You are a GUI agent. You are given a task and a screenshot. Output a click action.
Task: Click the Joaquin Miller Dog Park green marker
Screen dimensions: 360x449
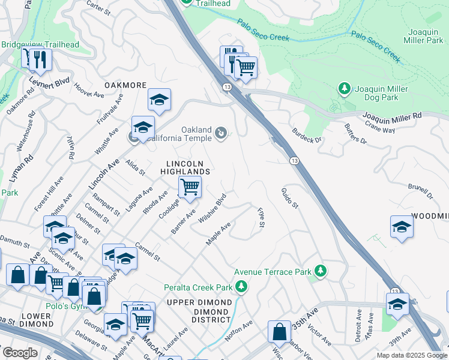coord(344,89)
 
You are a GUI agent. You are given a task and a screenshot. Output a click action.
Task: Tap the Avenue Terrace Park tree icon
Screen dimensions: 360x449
coord(321,271)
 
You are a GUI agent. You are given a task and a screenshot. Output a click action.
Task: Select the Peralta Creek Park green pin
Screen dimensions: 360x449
coord(241,287)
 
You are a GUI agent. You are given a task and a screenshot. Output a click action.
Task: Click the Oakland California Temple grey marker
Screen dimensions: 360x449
coord(221,133)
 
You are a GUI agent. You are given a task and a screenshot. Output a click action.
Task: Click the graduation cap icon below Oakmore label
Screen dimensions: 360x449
coord(159,100)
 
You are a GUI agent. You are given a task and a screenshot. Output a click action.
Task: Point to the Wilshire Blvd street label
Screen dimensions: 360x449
coord(212,208)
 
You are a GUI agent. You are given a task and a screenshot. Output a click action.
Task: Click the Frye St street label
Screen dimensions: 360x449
coord(261,218)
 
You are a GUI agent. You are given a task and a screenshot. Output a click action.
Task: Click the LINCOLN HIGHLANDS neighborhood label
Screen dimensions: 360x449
coord(185,167)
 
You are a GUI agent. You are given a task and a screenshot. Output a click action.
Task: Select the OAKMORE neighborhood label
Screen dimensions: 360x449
coord(125,85)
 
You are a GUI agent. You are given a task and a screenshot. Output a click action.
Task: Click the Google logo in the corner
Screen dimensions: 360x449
coord(20,352)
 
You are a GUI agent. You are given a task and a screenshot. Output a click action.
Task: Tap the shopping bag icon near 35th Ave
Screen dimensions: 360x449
coord(280,331)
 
